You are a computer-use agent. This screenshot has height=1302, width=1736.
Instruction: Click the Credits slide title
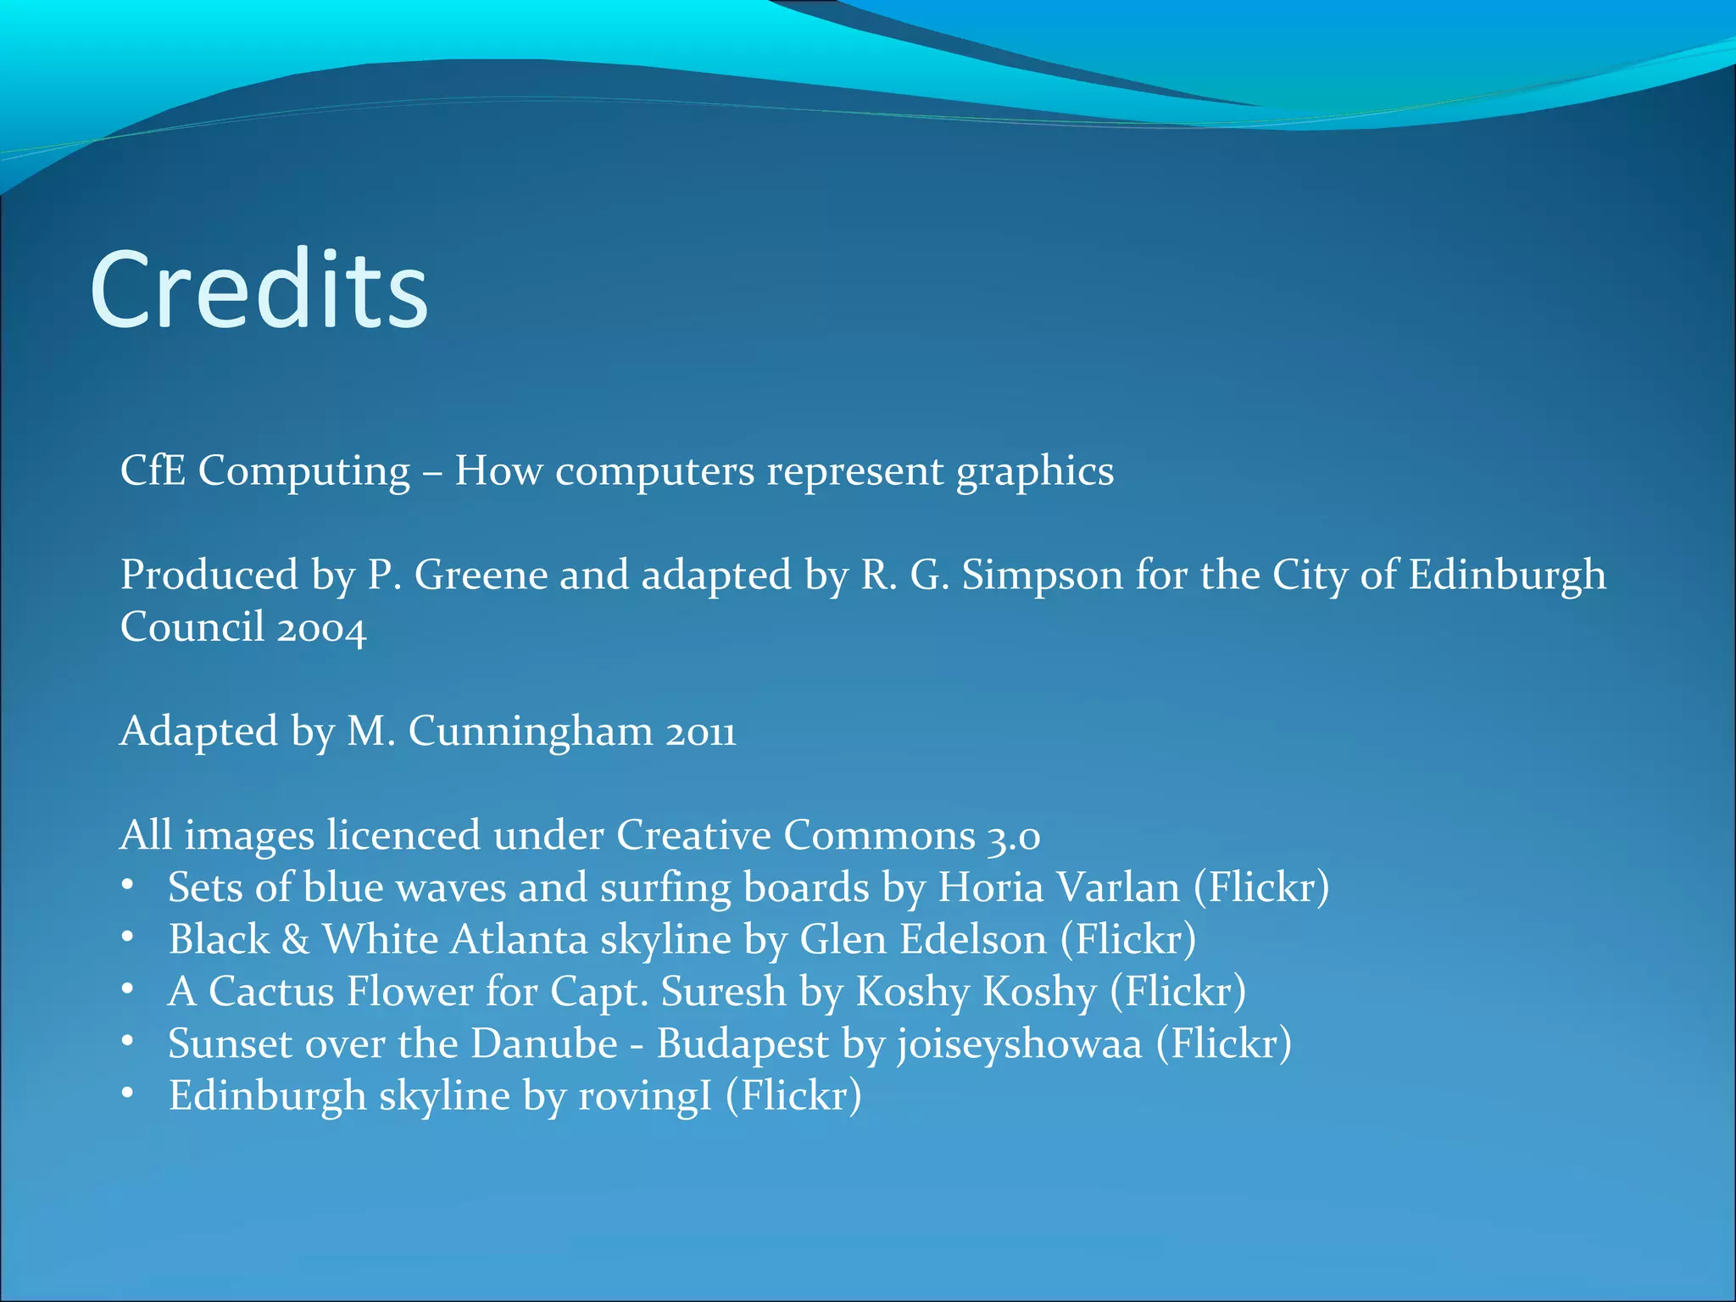point(259,290)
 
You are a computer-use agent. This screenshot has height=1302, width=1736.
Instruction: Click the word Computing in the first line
point(303,471)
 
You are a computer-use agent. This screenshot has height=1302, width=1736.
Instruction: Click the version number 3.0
point(1013,837)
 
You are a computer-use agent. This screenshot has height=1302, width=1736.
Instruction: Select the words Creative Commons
point(795,835)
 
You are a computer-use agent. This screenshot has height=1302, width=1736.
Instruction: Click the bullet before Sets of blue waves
point(127,886)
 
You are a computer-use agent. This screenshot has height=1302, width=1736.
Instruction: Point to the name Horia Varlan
point(1058,887)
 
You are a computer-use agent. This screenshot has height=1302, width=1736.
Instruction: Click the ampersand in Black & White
point(295,940)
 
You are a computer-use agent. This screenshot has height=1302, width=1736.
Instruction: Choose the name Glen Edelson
point(923,940)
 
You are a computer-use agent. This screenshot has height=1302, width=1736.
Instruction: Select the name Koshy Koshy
point(976,993)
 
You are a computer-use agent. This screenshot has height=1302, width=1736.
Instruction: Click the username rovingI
point(645,1097)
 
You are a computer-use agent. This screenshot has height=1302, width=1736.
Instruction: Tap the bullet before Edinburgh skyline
point(127,1094)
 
